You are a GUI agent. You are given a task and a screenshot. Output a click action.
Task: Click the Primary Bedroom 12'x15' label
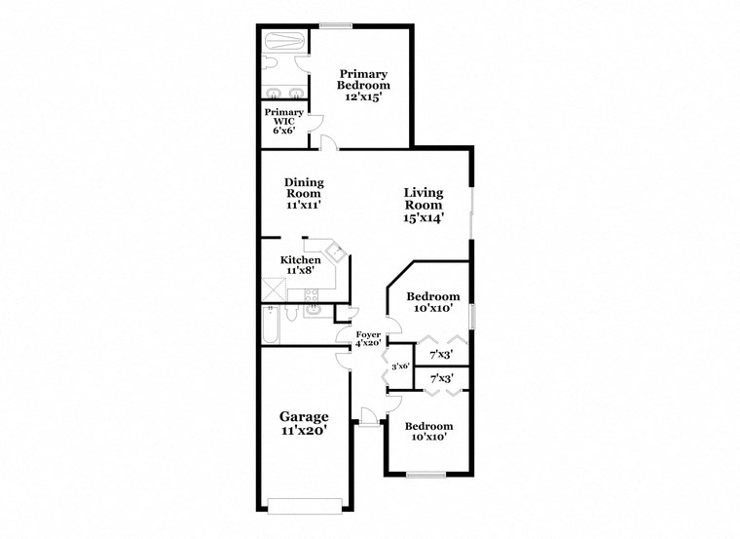(x=363, y=85)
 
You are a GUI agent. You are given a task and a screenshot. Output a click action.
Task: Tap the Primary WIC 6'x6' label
(x=283, y=121)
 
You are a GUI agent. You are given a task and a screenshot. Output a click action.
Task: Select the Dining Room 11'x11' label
(x=304, y=193)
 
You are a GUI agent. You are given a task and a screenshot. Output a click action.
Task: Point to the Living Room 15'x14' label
(x=424, y=206)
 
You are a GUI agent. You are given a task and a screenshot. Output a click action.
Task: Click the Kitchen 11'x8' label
(x=300, y=264)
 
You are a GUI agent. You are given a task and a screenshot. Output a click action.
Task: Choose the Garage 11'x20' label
(x=305, y=423)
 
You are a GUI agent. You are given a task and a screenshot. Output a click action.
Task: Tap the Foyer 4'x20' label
(x=367, y=339)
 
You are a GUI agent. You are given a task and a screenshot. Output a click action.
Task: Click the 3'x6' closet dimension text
(x=399, y=367)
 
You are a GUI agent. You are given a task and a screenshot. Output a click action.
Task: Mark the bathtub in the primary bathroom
(x=284, y=42)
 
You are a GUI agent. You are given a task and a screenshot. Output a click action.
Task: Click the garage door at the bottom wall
(x=305, y=506)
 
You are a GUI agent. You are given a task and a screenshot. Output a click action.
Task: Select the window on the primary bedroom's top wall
(x=336, y=25)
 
